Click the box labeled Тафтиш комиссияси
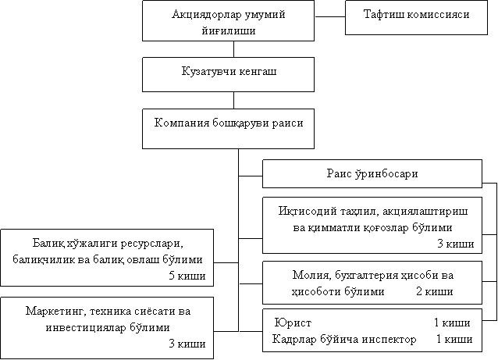(416, 17)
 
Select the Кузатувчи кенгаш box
(229, 75)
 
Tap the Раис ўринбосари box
(372, 174)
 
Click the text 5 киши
(187, 276)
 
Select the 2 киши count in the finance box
(435, 291)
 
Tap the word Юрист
(293, 323)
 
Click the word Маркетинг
(55, 311)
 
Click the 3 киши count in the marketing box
(187, 344)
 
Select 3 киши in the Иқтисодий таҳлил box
(456, 244)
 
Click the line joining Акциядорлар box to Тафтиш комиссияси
(330, 17)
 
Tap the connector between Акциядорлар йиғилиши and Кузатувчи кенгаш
(233, 49)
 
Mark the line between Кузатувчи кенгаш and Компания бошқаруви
(233, 101)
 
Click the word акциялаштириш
(425, 212)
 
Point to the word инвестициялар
(86, 327)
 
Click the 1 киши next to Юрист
(452, 323)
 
